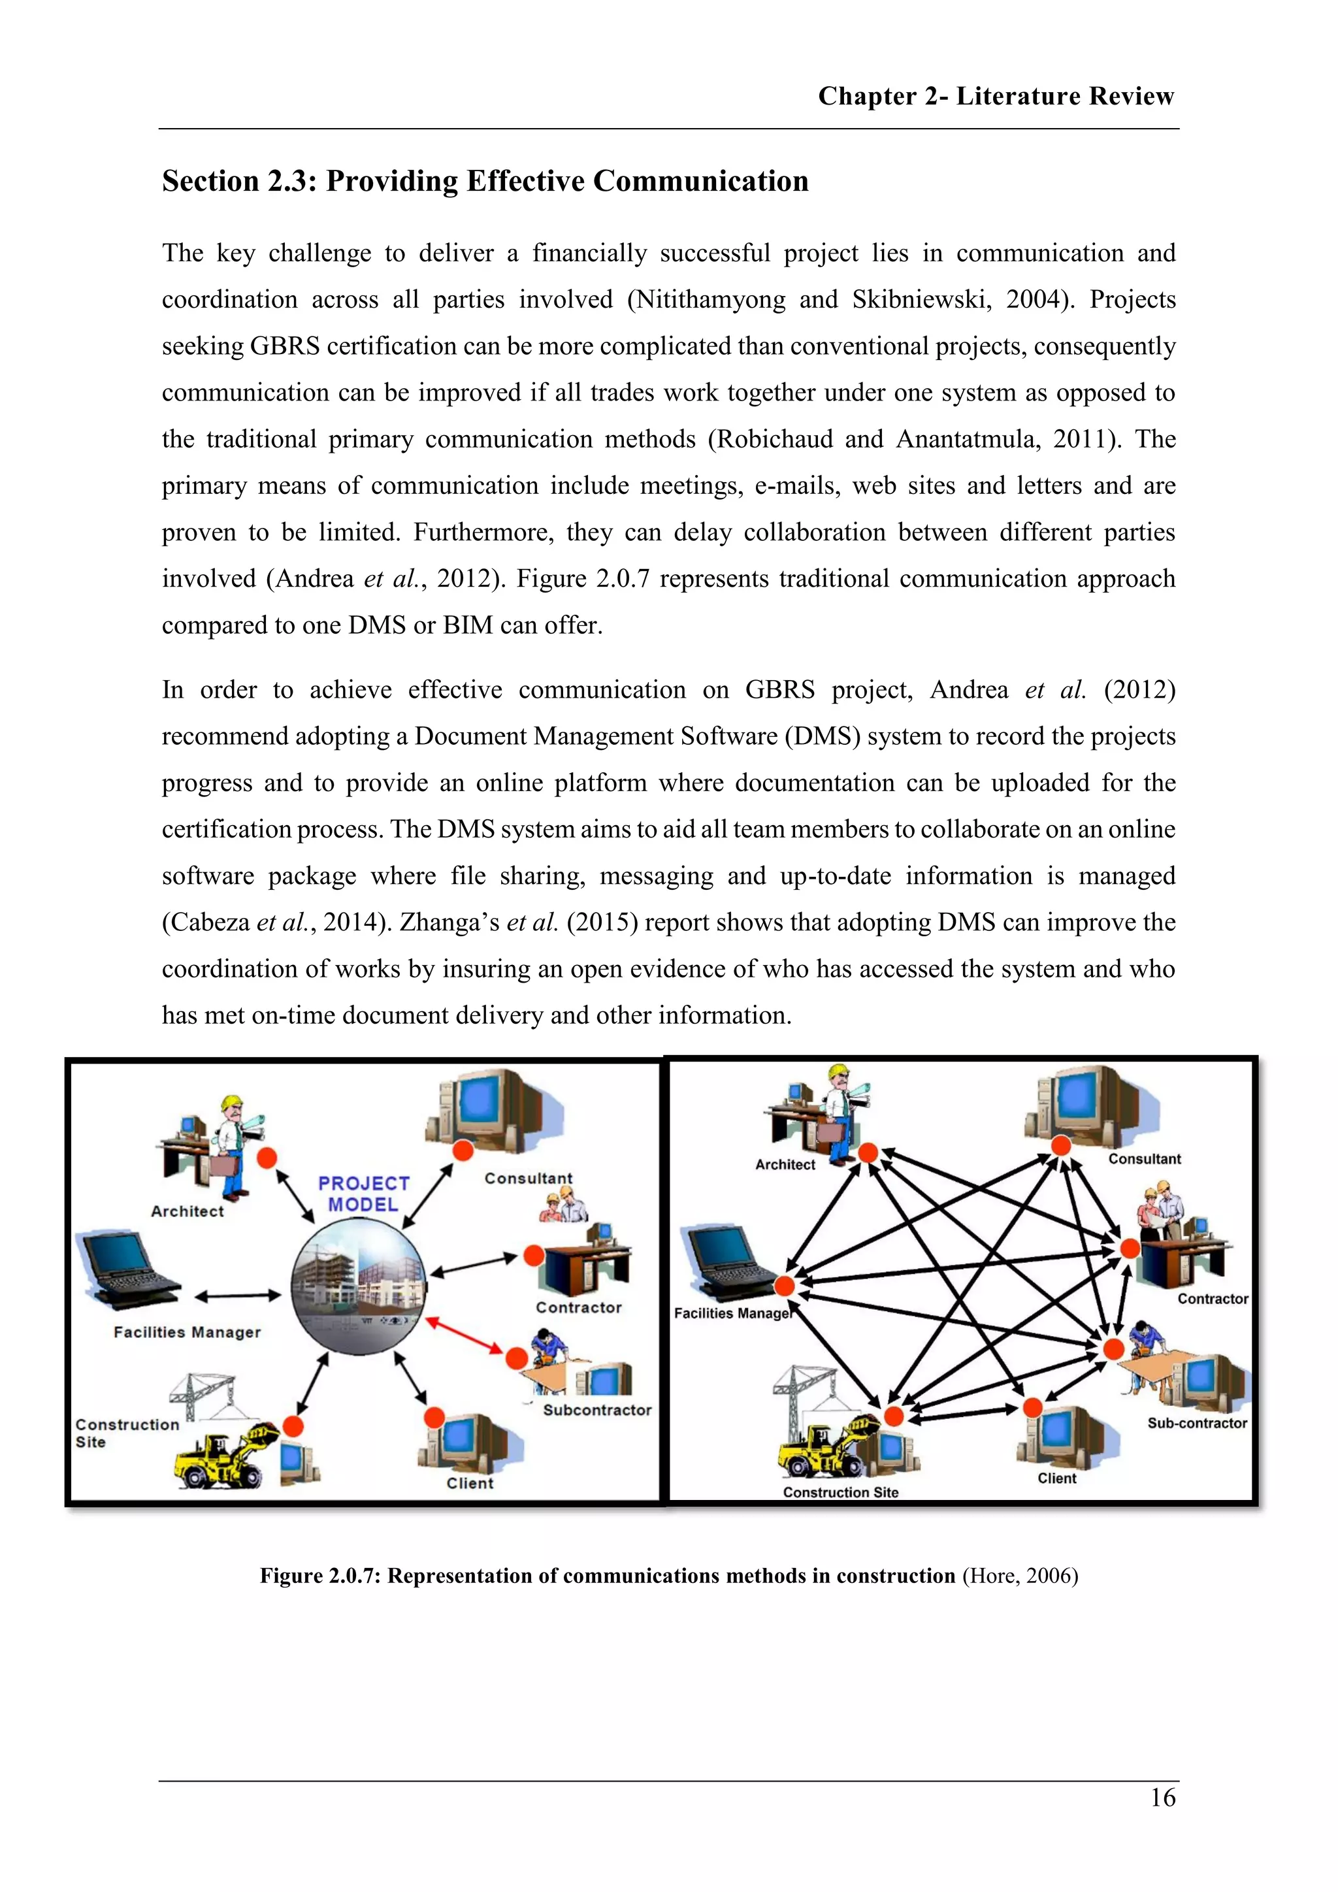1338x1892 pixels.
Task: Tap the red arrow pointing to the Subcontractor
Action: (x=464, y=1335)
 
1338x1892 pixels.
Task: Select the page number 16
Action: (x=1162, y=1797)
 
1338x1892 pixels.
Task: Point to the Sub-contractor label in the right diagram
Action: (x=1196, y=1422)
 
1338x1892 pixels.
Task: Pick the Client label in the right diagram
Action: (x=1056, y=1478)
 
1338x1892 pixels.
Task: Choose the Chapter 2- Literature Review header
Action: (x=995, y=97)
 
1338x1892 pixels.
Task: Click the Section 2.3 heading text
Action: (x=485, y=181)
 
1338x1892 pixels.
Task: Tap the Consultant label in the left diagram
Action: (x=528, y=1179)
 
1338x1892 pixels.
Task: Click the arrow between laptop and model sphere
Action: (x=237, y=1296)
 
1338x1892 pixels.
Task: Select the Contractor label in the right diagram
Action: (x=1212, y=1299)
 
